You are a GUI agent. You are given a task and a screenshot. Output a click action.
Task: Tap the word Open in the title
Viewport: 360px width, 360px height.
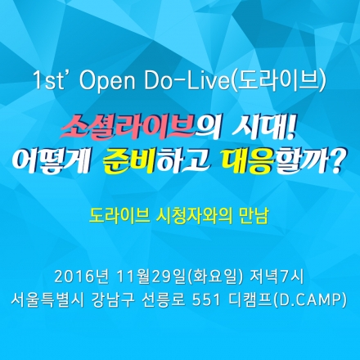106,83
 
